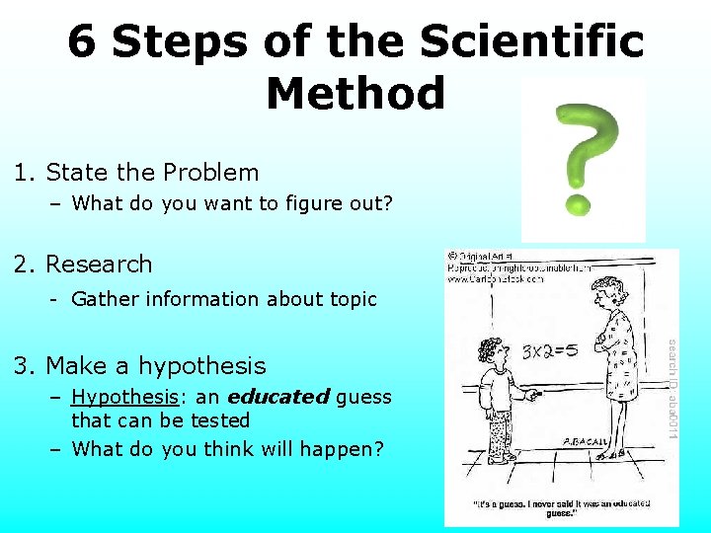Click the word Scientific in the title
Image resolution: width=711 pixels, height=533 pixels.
click(531, 43)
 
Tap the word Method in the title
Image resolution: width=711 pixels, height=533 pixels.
click(355, 95)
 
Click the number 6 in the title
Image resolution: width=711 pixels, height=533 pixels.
click(83, 43)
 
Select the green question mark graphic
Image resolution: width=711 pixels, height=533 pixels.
click(584, 158)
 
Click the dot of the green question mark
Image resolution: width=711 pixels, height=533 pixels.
click(577, 205)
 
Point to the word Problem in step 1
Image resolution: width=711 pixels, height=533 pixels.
click(210, 173)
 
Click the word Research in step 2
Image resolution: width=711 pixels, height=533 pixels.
click(99, 265)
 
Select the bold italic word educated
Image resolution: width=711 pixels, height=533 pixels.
click(277, 397)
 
